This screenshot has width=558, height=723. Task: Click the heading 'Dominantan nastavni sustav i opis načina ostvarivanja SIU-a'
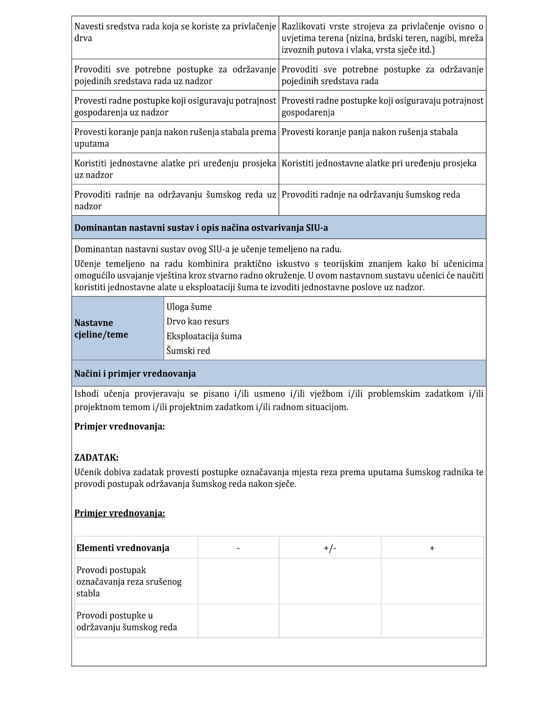coord(201,228)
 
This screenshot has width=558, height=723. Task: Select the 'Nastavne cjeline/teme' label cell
coord(101,329)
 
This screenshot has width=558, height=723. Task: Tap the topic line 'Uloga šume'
coord(189,307)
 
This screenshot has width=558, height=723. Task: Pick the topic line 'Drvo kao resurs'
coord(198,321)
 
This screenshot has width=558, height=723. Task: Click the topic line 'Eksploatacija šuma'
coord(204,336)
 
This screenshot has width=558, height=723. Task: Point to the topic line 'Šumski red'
coord(188,351)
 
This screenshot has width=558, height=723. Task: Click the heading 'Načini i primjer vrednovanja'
coord(135,373)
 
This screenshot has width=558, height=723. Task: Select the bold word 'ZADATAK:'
coord(96,457)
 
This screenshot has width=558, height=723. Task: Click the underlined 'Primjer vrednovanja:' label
coord(120,513)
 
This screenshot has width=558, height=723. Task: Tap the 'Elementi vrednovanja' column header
coord(123,548)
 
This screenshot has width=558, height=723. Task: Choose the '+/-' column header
coord(330,548)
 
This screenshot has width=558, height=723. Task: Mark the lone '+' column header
coord(432,548)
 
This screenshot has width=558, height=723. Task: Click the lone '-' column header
coord(238,548)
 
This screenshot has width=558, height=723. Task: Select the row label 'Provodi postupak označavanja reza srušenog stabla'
coord(129,581)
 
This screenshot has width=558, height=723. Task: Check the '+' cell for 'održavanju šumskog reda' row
coord(432,621)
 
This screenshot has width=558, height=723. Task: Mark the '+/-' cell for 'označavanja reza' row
coord(330,581)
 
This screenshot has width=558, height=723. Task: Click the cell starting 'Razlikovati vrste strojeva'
coord(382,38)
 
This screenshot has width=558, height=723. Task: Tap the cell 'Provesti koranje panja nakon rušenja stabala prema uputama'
coord(175,138)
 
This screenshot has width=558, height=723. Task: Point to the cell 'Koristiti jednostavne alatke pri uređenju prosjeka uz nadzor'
coord(175,169)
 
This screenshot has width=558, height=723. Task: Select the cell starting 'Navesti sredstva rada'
coord(175,32)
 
